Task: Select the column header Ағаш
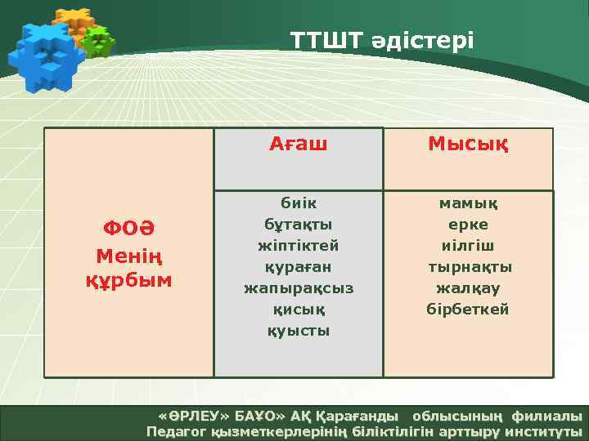[299, 145]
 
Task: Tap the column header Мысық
[469, 145]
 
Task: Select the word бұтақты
[299, 224]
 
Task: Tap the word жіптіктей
[299, 245]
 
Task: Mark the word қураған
[299, 266]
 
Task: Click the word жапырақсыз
[299, 287]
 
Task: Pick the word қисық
[299, 309]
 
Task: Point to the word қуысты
[299, 331]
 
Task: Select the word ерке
[469, 224]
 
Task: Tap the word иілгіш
[469, 245]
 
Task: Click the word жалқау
[469, 287]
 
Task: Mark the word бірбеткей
[469, 309]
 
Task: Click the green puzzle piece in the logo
[99, 41]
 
